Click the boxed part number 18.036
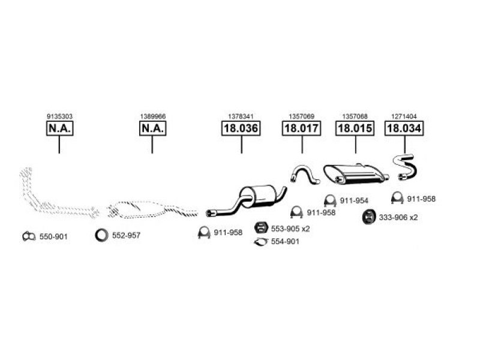(x=241, y=128)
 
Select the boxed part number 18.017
(x=302, y=128)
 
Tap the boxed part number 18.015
(x=355, y=128)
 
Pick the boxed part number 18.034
(x=404, y=128)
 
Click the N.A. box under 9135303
(x=59, y=128)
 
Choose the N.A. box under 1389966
(x=152, y=128)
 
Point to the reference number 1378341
(x=241, y=116)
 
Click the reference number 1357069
(x=302, y=116)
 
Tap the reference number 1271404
(x=404, y=116)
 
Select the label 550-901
(x=53, y=237)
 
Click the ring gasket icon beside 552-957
(x=101, y=235)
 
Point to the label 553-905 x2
(x=290, y=229)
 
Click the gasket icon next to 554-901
(x=261, y=241)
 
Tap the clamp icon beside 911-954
(x=329, y=200)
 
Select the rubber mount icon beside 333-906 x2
(x=368, y=217)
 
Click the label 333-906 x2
(x=398, y=217)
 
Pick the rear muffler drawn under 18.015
(x=354, y=173)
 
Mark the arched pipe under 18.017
(x=304, y=173)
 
